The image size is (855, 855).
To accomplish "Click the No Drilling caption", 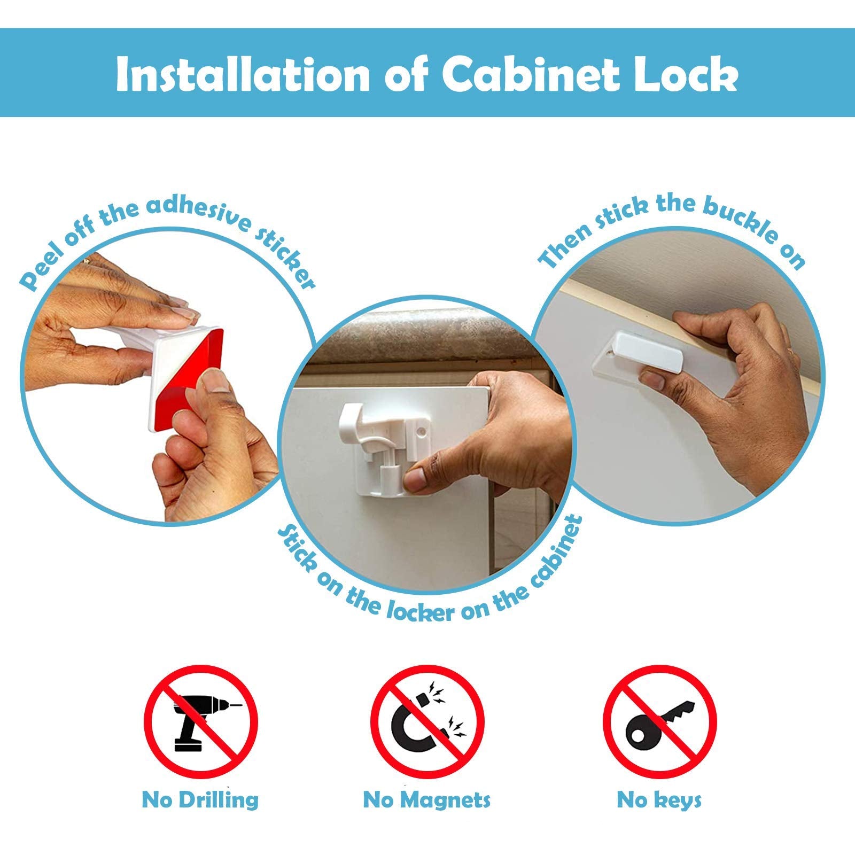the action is point(200,800).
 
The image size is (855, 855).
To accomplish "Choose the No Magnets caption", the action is point(426,800).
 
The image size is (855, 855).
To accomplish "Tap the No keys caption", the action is point(659,800).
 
